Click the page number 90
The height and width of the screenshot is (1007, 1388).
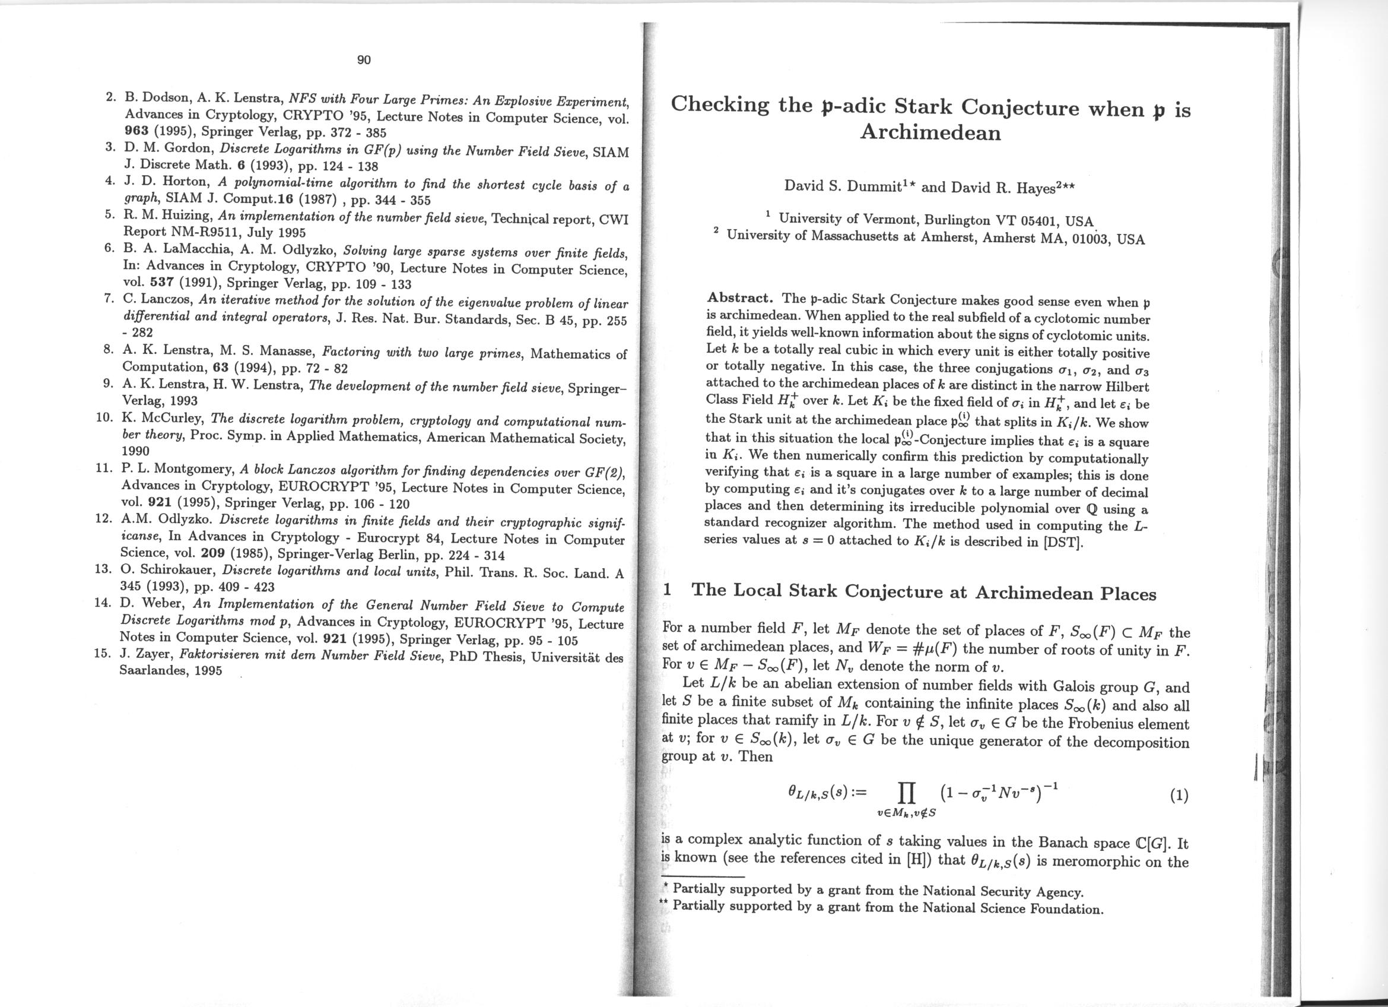point(364,59)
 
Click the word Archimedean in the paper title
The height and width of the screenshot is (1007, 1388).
point(930,133)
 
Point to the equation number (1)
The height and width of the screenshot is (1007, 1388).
point(1179,795)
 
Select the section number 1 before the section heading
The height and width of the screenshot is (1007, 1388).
point(668,590)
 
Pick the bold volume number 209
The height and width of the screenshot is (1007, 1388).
point(214,556)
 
